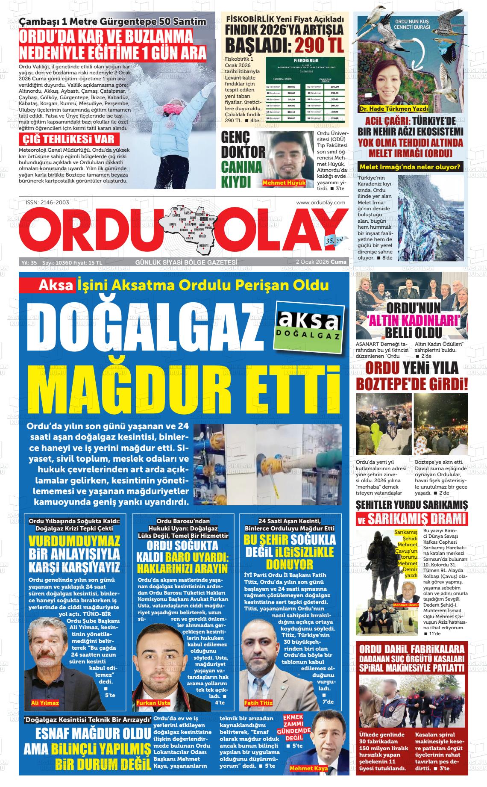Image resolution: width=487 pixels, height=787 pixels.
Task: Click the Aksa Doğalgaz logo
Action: point(309,327)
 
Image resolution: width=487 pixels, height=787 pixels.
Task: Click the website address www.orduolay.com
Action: point(320,203)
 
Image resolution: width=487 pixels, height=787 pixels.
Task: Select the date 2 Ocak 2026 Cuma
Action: point(321,262)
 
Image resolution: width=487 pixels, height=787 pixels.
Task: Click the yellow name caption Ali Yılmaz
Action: point(45,702)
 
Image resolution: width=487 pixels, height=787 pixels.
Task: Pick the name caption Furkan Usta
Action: point(153,702)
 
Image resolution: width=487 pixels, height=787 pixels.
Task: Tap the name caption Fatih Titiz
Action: point(258,702)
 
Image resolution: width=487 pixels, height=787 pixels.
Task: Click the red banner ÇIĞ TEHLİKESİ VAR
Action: point(69,139)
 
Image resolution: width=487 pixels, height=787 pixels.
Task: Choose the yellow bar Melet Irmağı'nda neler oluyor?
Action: point(410,167)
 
